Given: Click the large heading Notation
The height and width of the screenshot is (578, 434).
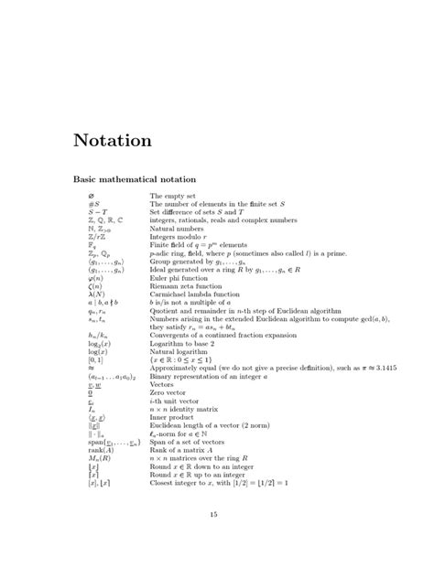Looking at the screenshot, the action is point(112,141).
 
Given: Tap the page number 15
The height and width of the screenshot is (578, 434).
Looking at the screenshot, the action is point(216,514).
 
